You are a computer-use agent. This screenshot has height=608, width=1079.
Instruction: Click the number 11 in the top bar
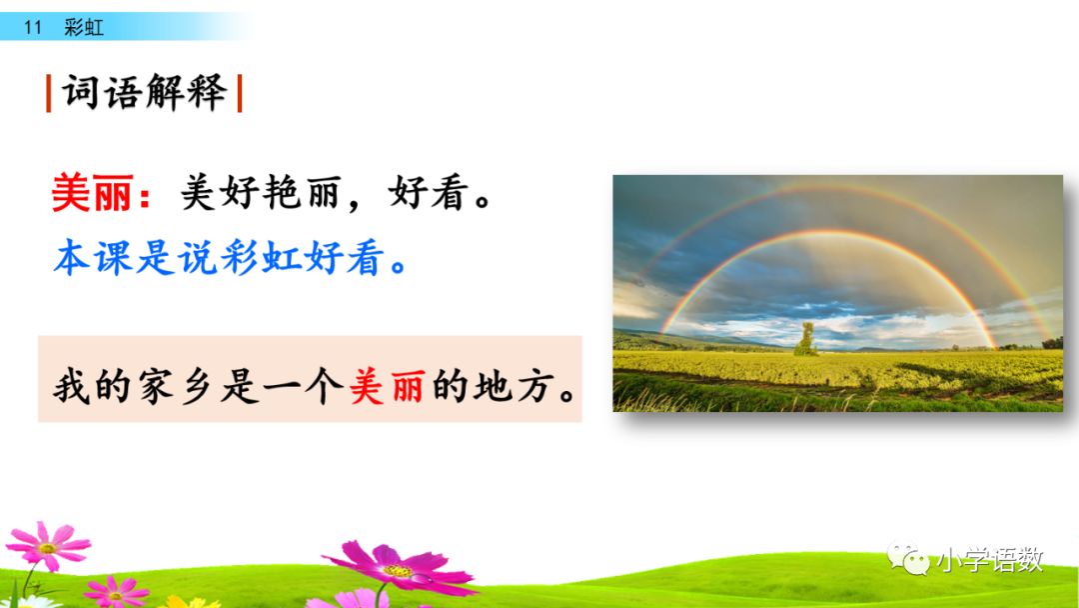pyautogui.click(x=33, y=28)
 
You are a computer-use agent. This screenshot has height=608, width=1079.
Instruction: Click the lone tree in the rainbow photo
pyautogui.click(x=805, y=340)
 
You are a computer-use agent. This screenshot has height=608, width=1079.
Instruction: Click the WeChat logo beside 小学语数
pyautogui.click(x=908, y=558)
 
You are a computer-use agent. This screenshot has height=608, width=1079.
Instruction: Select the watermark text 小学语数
pyautogui.click(x=989, y=560)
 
